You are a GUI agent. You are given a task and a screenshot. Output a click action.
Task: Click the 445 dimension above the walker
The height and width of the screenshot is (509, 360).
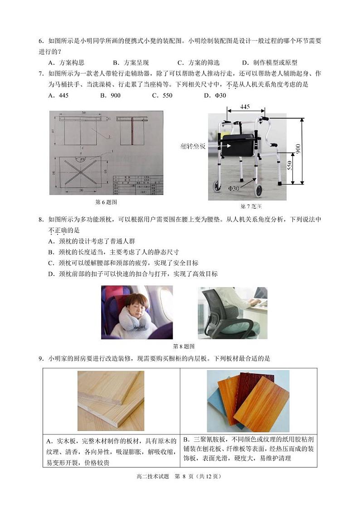coord(245,107)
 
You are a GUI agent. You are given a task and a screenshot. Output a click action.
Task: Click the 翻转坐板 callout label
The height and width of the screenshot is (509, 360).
coord(193,147)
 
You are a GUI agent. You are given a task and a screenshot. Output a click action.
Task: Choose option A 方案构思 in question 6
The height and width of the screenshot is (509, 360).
coord(66,63)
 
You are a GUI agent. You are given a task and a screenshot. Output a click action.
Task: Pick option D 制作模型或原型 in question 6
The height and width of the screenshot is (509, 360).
coord(269,63)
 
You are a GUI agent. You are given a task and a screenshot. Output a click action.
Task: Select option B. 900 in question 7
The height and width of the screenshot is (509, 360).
coord(110,95)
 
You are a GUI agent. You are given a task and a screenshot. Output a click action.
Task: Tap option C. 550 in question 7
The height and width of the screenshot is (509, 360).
coord(162,95)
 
